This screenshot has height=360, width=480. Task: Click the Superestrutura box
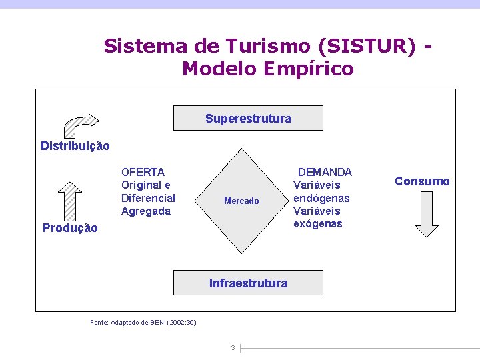click(x=248, y=118)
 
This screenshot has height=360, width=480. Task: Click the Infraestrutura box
click(x=248, y=283)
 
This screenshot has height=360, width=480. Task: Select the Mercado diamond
click(x=241, y=201)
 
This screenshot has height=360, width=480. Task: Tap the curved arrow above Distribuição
click(x=79, y=124)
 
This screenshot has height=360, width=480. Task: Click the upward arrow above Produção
click(x=69, y=198)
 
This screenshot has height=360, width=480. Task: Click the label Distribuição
click(x=75, y=145)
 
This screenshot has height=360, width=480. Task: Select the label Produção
click(x=70, y=228)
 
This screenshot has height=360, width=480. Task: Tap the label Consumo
click(x=422, y=181)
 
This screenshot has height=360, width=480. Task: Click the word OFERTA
click(x=143, y=172)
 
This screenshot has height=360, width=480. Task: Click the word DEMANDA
click(x=325, y=172)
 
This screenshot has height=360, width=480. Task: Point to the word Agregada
click(x=146, y=211)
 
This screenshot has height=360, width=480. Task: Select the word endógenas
click(x=321, y=198)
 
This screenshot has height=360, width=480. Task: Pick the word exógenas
click(x=317, y=223)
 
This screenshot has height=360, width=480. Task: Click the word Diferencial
click(x=148, y=198)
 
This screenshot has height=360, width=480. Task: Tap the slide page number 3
click(x=232, y=347)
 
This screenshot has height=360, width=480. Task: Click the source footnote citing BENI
click(x=143, y=323)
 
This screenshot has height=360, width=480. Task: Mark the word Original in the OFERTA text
click(x=141, y=185)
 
